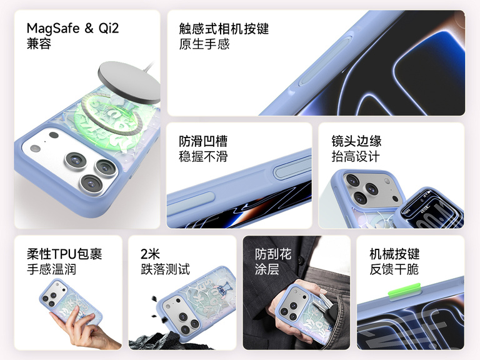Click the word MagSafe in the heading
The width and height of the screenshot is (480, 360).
(x=53, y=29)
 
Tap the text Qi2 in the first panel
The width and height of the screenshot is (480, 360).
(x=108, y=28)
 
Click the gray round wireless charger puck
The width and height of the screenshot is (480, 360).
(x=129, y=82)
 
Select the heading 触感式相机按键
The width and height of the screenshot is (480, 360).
(x=224, y=29)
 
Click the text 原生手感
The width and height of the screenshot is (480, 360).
(x=204, y=44)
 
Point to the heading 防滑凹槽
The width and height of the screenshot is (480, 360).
(x=203, y=141)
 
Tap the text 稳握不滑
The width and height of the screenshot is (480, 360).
(x=203, y=156)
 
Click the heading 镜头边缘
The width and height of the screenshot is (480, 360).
(x=356, y=141)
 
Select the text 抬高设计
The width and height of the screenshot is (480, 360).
(x=356, y=156)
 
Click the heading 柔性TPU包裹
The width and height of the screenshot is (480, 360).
(x=64, y=254)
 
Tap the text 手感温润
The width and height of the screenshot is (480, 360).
(x=51, y=269)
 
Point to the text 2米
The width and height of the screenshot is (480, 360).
(x=150, y=254)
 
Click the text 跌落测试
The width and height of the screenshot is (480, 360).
(x=165, y=269)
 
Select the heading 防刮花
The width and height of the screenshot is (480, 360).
(x=273, y=254)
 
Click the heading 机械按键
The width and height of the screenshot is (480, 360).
(x=394, y=254)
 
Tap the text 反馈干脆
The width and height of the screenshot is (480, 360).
(x=394, y=269)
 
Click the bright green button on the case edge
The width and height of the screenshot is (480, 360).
(x=404, y=291)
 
